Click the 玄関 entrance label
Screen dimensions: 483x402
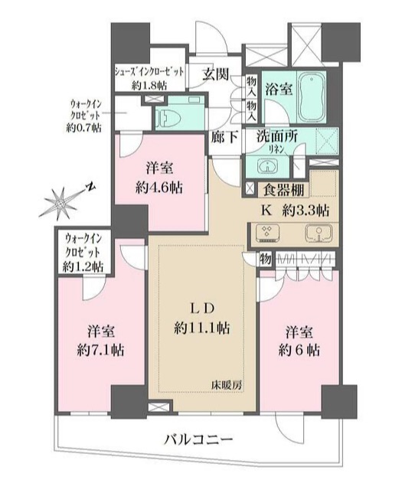[x=217, y=74]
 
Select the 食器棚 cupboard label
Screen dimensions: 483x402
[x=286, y=188]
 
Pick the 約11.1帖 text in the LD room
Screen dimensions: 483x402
[x=201, y=329]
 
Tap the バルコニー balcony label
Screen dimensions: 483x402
[x=198, y=439]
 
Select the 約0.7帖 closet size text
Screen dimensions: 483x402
[x=83, y=128]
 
